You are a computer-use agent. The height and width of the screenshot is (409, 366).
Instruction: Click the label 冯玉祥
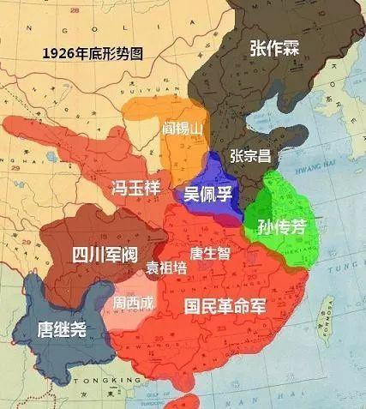point(135,188)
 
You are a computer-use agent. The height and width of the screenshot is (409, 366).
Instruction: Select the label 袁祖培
point(165,266)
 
